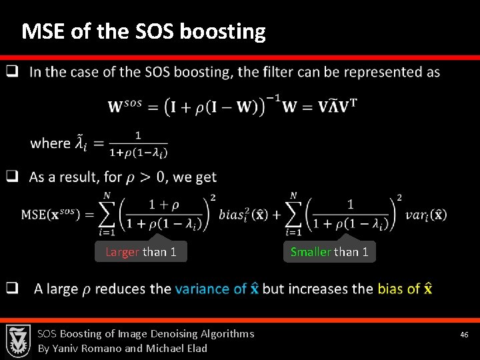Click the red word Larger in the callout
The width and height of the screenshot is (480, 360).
pyautogui.click(x=123, y=252)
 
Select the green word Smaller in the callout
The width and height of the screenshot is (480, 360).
pyautogui.click(x=311, y=252)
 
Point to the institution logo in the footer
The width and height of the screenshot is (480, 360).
pyautogui.click(x=18, y=341)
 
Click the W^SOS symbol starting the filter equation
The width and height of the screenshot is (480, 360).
pyautogui.click(x=125, y=107)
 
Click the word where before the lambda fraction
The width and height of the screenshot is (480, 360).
pyautogui.click(x=51, y=143)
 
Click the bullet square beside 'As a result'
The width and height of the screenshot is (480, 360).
pyautogui.click(x=11, y=177)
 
